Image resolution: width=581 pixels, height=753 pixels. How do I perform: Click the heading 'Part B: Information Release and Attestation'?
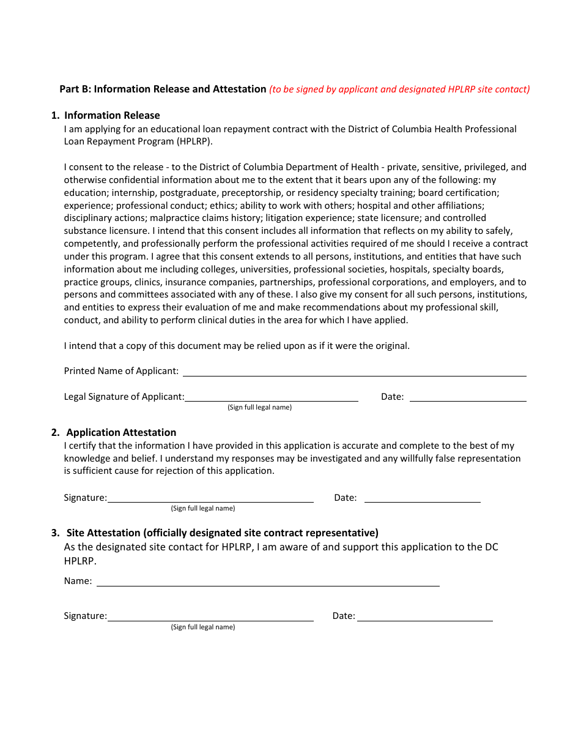click(163, 89)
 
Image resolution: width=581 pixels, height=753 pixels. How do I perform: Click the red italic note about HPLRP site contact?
click(399, 89)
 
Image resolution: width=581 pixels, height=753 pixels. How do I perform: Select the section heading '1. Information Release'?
click(105, 115)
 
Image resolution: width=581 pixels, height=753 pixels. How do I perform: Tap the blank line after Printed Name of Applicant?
click(354, 372)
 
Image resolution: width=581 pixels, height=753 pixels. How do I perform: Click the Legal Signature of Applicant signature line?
click(271, 397)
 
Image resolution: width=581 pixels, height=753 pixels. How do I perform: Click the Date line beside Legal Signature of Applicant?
click(468, 397)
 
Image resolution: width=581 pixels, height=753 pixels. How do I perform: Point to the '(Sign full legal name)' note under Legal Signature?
click(259, 408)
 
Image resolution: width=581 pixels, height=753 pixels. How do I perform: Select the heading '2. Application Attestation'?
click(114, 432)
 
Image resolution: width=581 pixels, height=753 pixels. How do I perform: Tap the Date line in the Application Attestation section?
click(422, 498)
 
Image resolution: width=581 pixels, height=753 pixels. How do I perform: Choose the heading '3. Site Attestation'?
click(215, 533)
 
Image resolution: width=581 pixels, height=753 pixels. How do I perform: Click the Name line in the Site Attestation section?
click(268, 582)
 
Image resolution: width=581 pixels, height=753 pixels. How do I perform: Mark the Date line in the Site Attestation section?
click(424, 617)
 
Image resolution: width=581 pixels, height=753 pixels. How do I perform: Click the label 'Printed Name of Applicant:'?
click(121, 371)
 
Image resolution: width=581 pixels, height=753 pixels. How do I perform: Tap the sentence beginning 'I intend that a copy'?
click(237, 346)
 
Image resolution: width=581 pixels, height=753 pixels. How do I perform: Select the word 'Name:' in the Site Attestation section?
click(78, 581)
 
